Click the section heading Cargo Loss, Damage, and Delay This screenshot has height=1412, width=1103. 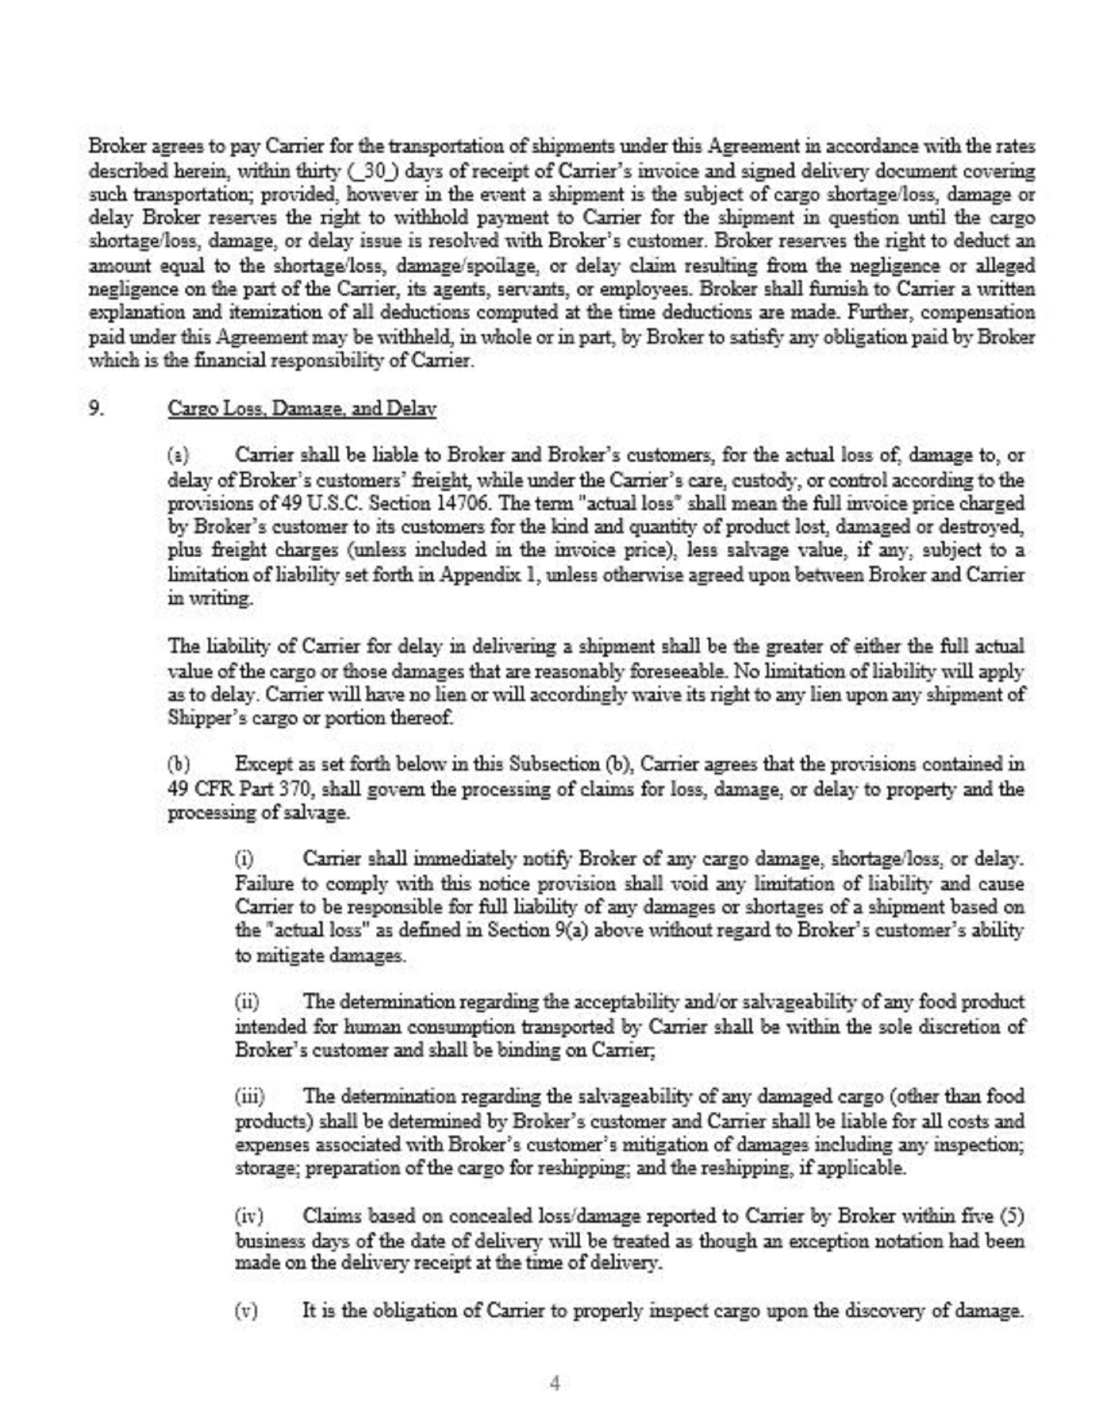[302, 409]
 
